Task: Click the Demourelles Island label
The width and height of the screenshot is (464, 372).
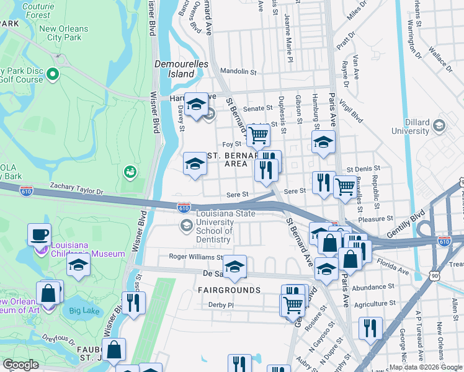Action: pos(174,68)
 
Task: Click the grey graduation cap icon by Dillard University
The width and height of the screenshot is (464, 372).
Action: pos(439,126)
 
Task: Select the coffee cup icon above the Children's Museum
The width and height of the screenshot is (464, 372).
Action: pos(40,234)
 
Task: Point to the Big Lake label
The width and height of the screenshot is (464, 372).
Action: pos(84,310)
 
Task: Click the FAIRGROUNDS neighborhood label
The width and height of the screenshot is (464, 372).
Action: pos(229,290)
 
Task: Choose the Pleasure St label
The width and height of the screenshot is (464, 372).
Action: pos(376,218)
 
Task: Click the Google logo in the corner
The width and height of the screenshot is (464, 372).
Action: pos(20,365)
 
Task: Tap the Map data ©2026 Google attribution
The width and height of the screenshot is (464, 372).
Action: pos(425,367)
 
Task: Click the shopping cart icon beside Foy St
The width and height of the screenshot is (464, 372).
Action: pos(258,134)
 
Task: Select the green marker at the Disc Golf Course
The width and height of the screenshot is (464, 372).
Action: pos(52,75)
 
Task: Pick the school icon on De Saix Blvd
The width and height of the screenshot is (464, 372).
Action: pos(234,267)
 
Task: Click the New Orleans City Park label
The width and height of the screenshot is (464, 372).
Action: pos(60,33)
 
